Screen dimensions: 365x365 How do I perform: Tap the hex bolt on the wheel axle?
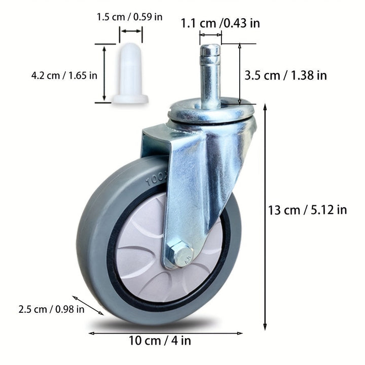pos(179,253)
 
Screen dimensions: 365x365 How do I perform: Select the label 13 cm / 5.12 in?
pos(307,209)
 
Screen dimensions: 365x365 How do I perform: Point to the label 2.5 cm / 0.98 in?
pos(51,309)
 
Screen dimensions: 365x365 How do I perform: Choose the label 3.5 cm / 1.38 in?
pos(285,76)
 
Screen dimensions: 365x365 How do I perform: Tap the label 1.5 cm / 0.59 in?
pos(129,17)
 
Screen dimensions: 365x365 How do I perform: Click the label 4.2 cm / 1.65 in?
pos(64,76)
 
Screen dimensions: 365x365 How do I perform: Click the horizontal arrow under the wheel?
pos(165,333)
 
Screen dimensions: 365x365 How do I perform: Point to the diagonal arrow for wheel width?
pos(88,305)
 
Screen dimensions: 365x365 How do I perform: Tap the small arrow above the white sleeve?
pos(131,31)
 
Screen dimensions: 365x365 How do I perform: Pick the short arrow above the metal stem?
pos(210,35)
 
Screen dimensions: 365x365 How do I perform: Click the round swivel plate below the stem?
pos(210,112)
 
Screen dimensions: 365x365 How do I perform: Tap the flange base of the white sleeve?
pos(130,98)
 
